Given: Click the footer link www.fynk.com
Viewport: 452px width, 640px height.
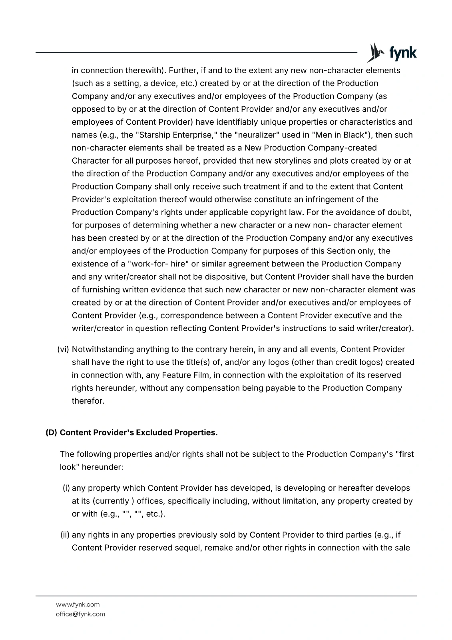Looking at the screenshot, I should [78, 604].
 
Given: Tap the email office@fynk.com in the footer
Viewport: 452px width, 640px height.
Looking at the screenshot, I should [80, 614].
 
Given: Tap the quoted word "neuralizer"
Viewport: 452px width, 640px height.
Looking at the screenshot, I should [248, 135].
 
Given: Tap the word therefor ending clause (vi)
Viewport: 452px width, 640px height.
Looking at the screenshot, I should [88, 401].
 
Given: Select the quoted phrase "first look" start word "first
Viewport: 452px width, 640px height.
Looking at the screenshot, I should [404, 454].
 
